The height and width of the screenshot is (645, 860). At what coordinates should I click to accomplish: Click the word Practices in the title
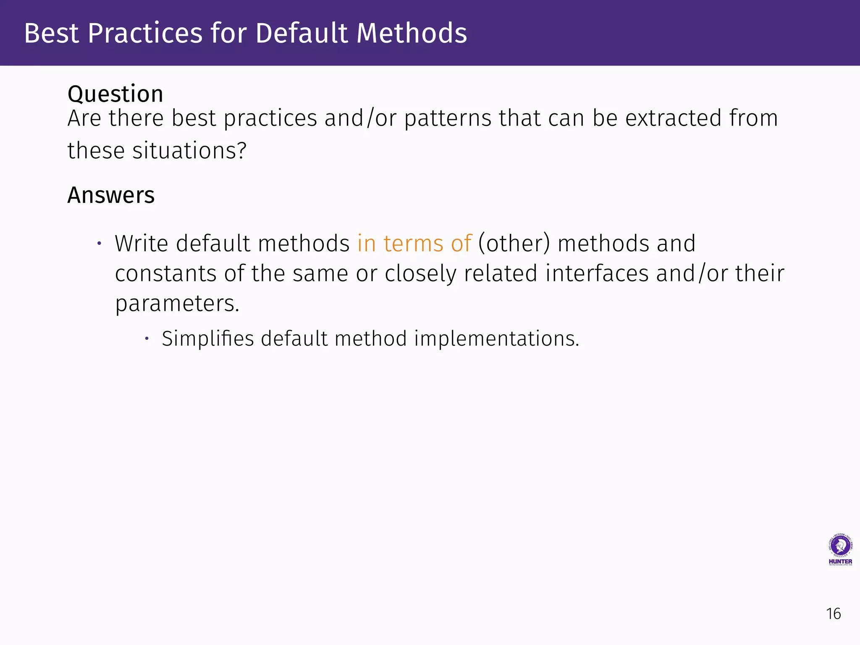(145, 34)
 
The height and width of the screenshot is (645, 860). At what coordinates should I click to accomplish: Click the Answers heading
(111, 195)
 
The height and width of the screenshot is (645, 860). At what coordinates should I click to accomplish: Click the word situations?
(189, 151)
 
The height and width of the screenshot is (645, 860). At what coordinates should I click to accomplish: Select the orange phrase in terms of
(414, 244)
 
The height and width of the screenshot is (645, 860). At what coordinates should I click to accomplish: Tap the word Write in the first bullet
(142, 244)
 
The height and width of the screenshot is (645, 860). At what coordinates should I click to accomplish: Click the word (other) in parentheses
(514, 244)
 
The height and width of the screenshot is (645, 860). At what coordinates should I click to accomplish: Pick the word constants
(165, 274)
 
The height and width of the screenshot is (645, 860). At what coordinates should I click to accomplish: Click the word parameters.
(177, 304)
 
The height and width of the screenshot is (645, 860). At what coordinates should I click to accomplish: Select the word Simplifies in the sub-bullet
(208, 338)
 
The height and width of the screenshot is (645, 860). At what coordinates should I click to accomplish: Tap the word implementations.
(496, 338)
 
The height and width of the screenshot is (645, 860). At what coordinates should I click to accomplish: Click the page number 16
(833, 614)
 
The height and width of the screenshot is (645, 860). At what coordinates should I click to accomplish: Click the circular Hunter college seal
(840, 545)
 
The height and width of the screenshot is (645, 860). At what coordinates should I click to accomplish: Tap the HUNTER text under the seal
(840, 561)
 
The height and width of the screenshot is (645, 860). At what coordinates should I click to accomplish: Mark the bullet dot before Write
(99, 244)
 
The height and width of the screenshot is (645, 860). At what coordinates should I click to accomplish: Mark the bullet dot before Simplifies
(147, 338)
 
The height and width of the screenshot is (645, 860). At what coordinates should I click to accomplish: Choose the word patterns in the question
(448, 118)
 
